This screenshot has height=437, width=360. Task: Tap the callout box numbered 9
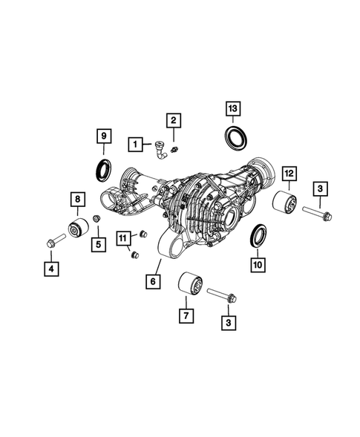[x=103, y=136]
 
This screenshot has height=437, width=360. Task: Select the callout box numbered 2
[x=173, y=119]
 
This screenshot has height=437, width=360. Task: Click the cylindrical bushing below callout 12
[x=285, y=203]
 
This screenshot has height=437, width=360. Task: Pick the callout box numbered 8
[x=76, y=198]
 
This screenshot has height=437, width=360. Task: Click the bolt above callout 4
[x=55, y=242]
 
